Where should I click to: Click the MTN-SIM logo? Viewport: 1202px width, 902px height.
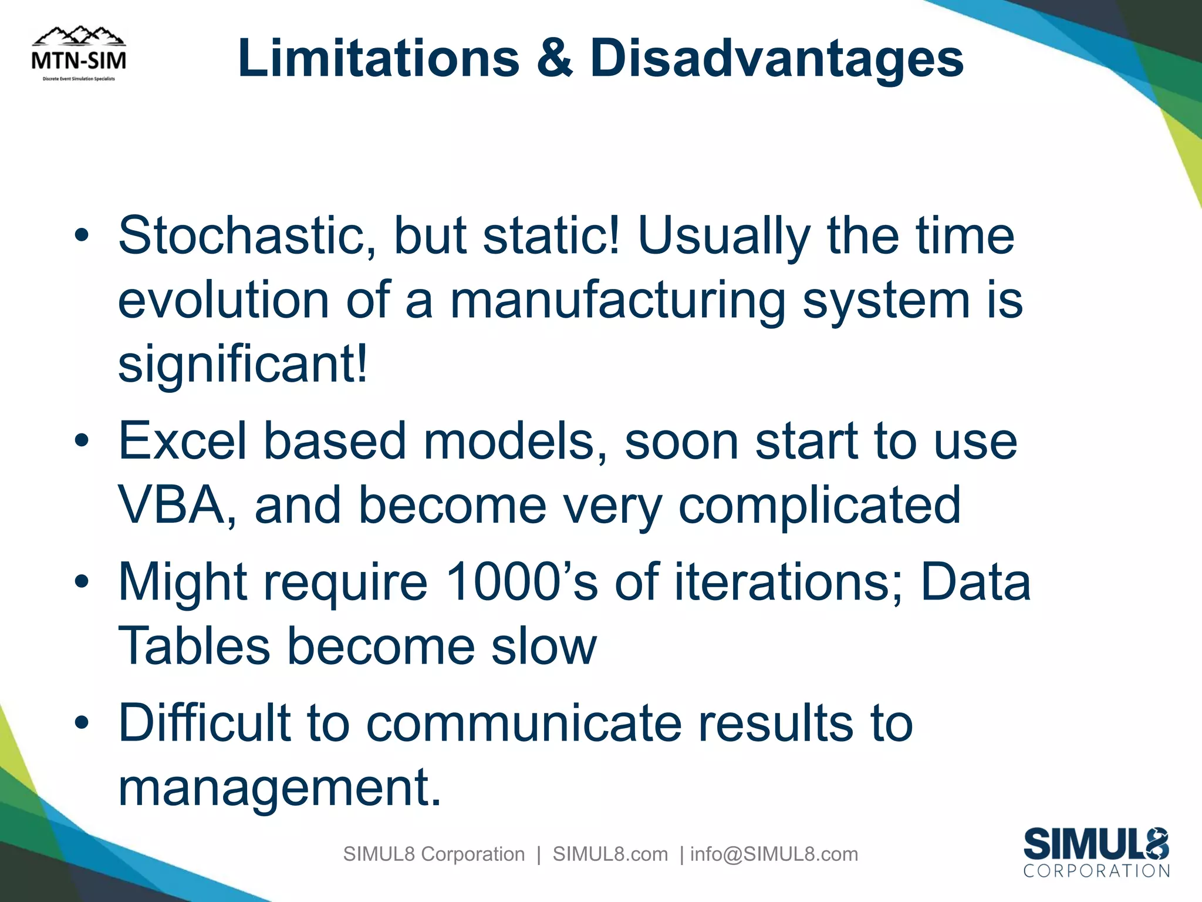(79, 54)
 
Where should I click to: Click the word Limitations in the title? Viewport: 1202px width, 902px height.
(379, 59)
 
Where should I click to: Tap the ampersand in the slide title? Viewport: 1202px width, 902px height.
(553, 59)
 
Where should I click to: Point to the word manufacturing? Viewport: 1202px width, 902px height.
(617, 301)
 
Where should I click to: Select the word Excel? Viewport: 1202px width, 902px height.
(183, 442)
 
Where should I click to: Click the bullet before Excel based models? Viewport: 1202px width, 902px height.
(82, 442)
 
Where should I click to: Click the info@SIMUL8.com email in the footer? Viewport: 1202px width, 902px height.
(774, 854)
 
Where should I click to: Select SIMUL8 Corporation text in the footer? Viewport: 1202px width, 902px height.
(434, 854)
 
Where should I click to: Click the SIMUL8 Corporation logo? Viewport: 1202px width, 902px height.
(1096, 853)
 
